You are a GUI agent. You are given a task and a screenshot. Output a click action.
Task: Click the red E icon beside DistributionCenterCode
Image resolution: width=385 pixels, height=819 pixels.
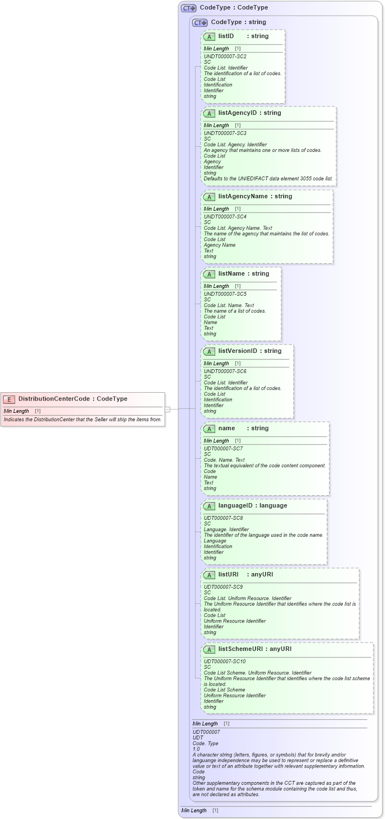coord(9,399)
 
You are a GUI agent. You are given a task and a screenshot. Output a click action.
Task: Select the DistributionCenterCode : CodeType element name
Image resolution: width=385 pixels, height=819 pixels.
coord(73,399)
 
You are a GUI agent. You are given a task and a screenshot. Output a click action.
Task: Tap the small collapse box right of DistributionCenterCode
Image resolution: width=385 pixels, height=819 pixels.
coord(167,409)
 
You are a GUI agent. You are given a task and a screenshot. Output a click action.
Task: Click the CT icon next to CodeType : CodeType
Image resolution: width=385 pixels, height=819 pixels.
coord(188,8)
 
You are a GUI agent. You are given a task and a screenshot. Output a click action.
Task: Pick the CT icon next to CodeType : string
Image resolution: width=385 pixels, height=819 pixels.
coord(200,23)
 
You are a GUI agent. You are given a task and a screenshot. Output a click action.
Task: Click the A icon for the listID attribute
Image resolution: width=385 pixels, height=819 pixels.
coord(209,36)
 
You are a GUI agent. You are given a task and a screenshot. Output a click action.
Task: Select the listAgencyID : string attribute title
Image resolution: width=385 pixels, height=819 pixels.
coord(249,113)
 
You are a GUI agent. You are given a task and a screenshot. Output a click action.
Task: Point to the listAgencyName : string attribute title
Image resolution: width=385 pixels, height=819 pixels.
coord(255,197)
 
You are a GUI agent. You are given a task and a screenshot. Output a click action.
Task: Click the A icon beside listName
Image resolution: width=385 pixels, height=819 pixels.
coord(209,274)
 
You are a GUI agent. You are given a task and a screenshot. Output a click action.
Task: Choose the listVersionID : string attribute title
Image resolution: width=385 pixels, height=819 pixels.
coord(249,351)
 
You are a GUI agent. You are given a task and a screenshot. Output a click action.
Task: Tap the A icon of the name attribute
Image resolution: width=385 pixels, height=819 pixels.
coord(209,429)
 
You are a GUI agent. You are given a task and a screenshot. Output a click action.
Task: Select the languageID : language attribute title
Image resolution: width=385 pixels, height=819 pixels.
coord(252,506)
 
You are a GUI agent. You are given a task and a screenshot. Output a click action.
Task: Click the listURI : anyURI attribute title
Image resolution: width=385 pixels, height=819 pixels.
coord(245,575)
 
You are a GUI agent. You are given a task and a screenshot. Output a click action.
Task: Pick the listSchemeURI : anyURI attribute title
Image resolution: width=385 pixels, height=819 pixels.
coord(254,649)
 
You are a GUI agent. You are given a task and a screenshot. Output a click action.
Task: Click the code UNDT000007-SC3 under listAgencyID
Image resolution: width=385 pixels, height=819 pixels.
coord(225,133)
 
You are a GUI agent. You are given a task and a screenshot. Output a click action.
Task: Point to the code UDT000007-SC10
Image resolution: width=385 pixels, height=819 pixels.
coord(225,662)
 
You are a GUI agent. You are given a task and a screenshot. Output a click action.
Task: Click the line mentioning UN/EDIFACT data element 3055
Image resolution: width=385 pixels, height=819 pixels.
coord(268,179)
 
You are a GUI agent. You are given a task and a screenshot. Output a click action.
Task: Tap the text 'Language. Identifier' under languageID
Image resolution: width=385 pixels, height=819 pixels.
coord(226,529)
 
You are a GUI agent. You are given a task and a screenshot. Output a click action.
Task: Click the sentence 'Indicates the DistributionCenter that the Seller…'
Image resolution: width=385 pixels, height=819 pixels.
coord(82,419)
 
